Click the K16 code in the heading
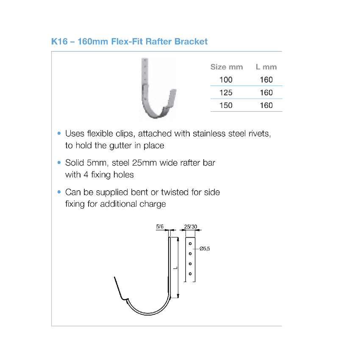point(59,42)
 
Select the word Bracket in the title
point(191,42)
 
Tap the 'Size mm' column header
point(227,67)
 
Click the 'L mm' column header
point(266,67)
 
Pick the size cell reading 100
point(226,80)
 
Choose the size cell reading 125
point(226,92)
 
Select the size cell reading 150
point(226,105)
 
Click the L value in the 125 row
point(266,92)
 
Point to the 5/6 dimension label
point(160,227)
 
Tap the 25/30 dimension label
point(191,227)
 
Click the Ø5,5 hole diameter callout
point(205,249)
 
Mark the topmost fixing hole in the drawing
point(190,244)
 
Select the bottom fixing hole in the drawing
point(190,274)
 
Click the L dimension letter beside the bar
point(175,268)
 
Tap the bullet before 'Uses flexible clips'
point(59,133)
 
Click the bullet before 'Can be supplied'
point(59,192)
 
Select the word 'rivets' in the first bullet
point(260,133)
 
